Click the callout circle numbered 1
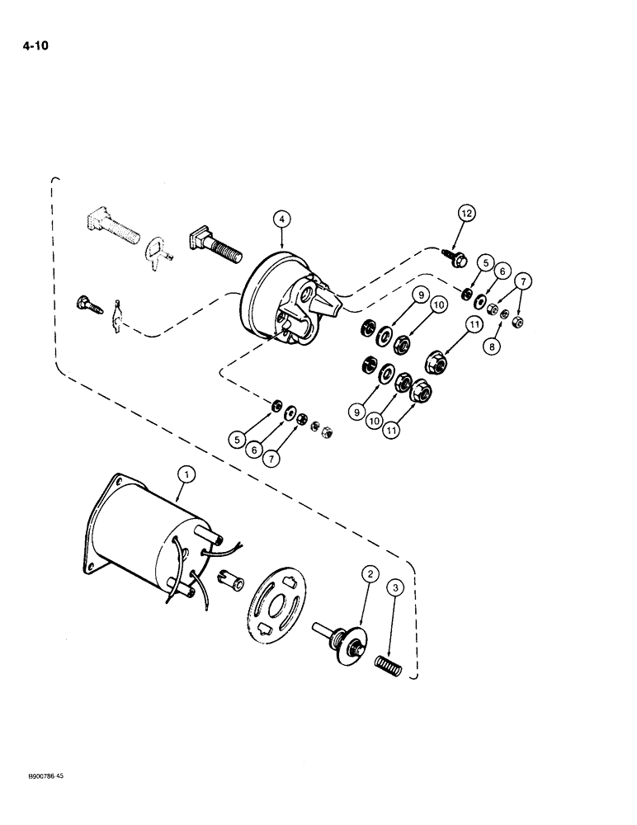click(186, 474)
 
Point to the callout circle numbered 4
click(282, 219)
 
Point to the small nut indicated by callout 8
click(504, 314)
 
